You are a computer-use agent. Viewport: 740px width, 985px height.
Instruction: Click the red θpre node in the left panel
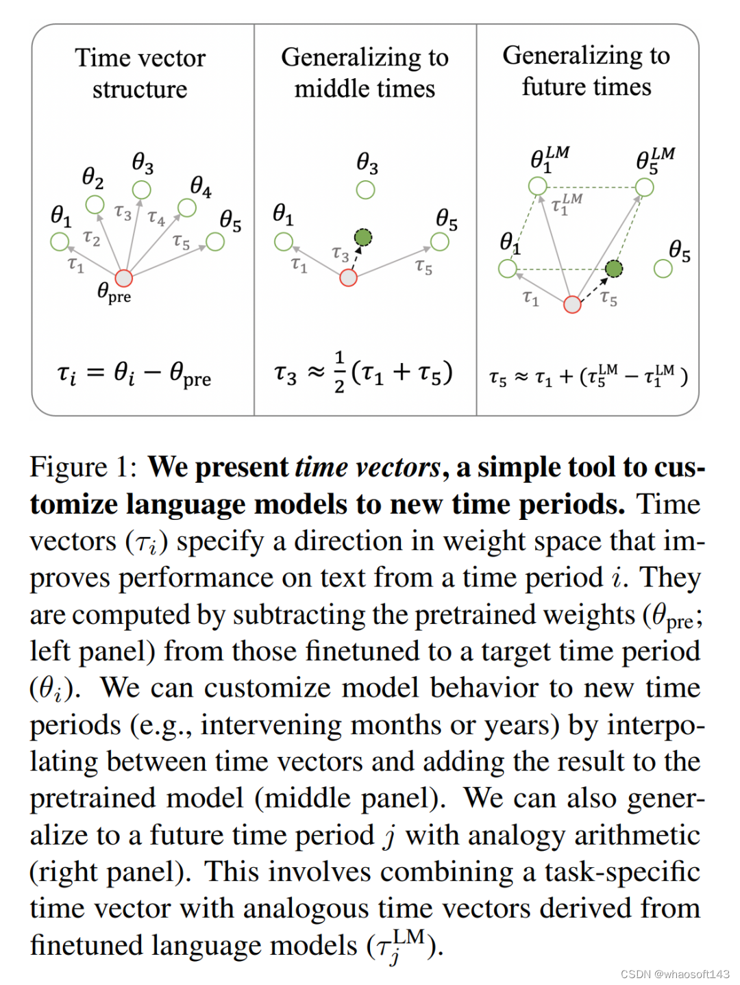pyautogui.click(x=123, y=277)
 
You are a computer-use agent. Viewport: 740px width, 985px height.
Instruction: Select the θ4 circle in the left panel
pyautogui.click(x=186, y=208)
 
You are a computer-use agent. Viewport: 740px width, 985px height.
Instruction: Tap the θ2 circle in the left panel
pyautogui.click(x=95, y=204)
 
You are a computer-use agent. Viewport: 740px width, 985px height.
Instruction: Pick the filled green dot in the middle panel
pyautogui.click(x=363, y=238)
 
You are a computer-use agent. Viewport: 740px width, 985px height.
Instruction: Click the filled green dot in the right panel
pyautogui.click(x=614, y=269)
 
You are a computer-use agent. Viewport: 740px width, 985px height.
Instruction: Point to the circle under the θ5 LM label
pyautogui.click(x=644, y=187)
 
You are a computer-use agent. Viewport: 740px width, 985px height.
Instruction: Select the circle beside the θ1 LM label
pyautogui.click(x=537, y=186)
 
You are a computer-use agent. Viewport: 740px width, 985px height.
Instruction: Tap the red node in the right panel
pyautogui.click(x=572, y=304)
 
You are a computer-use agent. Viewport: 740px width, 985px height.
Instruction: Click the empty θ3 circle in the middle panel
pyautogui.click(x=365, y=190)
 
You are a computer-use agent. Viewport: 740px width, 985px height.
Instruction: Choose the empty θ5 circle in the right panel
pyautogui.click(x=663, y=269)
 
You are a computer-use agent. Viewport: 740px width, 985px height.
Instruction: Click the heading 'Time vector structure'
pyautogui.click(x=140, y=73)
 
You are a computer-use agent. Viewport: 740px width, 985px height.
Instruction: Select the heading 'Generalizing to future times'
pyautogui.click(x=586, y=71)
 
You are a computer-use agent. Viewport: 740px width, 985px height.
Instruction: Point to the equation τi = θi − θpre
pyautogui.click(x=134, y=374)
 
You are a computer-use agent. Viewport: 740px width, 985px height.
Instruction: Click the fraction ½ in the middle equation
pyautogui.click(x=339, y=373)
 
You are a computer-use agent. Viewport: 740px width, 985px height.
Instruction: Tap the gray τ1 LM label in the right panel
pyautogui.click(x=566, y=203)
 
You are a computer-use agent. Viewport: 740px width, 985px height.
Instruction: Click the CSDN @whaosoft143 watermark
pyautogui.click(x=675, y=974)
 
